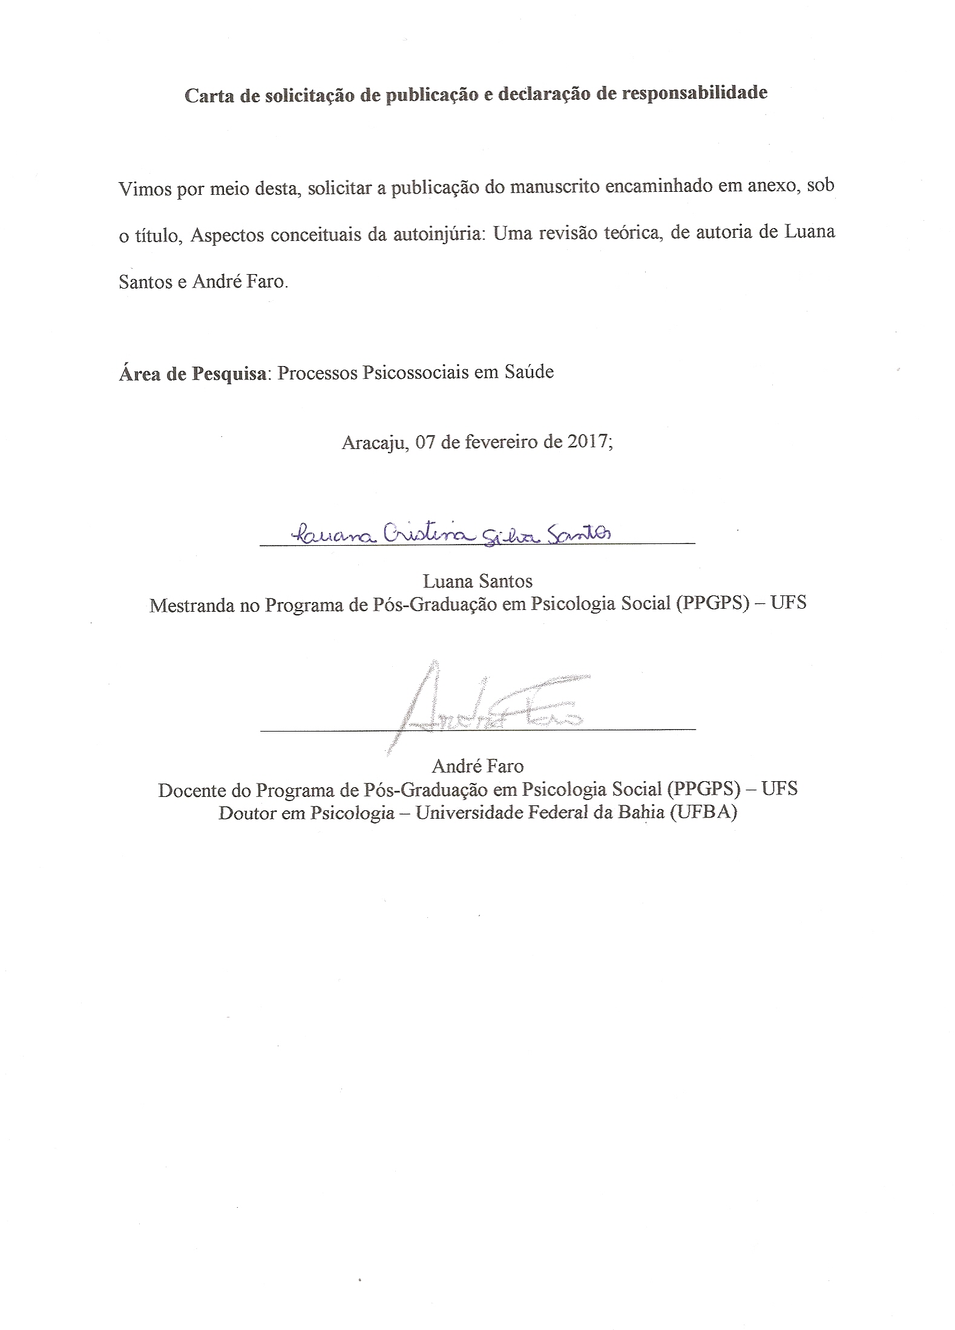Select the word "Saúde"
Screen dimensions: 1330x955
coord(529,372)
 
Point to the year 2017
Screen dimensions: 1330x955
coord(588,442)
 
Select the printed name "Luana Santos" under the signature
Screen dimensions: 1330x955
coord(477,581)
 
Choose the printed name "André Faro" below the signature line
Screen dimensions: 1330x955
coord(477,767)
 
